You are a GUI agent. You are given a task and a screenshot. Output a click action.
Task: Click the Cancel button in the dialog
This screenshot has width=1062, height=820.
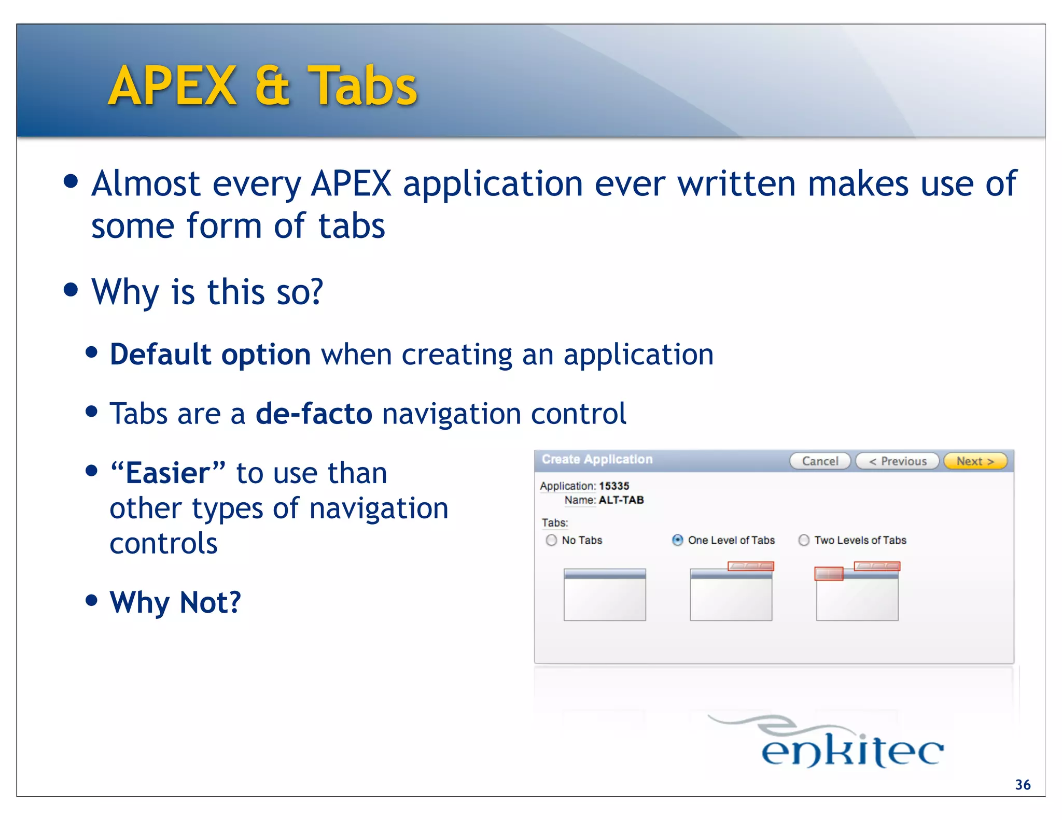(820, 461)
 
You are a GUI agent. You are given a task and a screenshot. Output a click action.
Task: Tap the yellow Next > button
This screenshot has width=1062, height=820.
(975, 461)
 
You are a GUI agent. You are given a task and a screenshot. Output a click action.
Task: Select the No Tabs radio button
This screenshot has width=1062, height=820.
(551, 540)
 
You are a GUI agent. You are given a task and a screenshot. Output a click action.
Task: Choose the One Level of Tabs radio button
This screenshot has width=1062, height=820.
(677, 540)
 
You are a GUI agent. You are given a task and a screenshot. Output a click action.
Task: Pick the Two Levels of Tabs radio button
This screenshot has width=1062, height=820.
(804, 540)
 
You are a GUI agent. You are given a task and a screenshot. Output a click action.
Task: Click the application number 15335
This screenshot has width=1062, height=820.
(614, 486)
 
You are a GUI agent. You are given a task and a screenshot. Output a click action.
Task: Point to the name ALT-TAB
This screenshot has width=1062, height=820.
(621, 500)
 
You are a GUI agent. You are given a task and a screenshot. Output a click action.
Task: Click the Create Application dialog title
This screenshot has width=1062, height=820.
(597, 459)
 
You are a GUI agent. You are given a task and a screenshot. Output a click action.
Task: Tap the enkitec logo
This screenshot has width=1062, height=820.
(851, 746)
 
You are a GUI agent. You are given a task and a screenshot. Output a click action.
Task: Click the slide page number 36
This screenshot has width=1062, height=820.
(1023, 785)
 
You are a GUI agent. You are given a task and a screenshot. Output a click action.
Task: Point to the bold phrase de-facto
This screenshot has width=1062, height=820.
(314, 414)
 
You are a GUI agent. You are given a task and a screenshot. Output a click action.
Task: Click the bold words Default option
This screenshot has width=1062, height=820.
(210, 355)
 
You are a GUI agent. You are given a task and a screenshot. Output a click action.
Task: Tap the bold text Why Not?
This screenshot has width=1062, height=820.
(175, 602)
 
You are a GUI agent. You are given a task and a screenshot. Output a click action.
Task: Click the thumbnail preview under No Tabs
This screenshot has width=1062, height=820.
(605, 595)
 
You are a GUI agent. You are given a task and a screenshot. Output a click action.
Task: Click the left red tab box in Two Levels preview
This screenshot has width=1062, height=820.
(829, 574)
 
